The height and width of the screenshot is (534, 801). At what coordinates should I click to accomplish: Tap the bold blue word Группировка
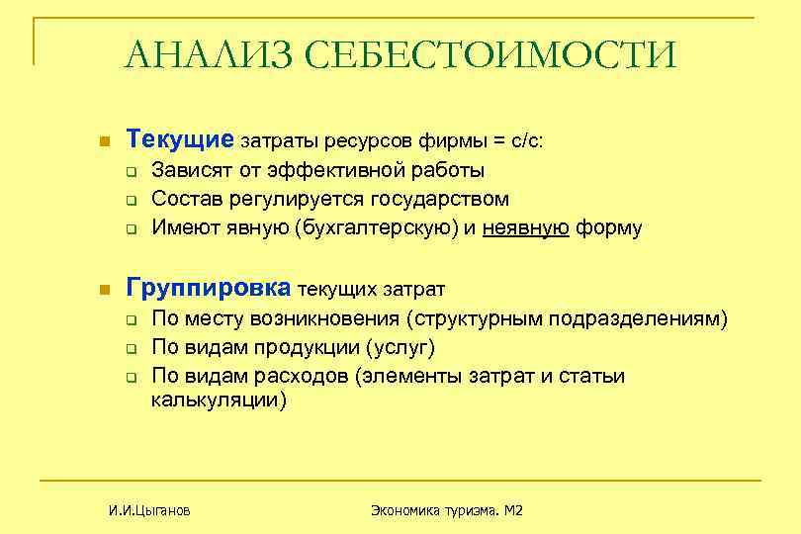click(209, 288)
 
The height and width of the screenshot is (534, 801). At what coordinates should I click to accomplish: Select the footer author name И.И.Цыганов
click(149, 510)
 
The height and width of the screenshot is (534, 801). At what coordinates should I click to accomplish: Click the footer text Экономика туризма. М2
click(446, 510)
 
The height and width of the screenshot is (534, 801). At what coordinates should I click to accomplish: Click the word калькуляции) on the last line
click(219, 400)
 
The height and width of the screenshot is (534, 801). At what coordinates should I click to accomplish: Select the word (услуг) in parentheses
click(400, 348)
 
